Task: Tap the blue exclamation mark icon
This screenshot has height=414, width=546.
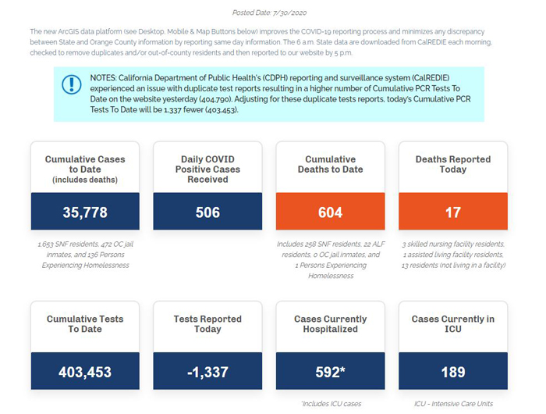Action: pos(72,84)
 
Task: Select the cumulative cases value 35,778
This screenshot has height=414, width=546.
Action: pos(85,212)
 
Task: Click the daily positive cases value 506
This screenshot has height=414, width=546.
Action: pos(207,212)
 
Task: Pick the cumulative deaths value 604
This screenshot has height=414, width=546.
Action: pos(330,212)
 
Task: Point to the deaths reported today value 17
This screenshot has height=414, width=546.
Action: pos(453,212)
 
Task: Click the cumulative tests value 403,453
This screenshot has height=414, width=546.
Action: pos(85,372)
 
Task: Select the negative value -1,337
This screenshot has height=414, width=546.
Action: pos(207,372)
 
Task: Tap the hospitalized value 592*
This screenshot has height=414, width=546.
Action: pos(330,372)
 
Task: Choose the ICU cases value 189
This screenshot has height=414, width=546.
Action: pos(453,372)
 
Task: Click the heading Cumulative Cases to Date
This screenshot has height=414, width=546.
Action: pos(85,164)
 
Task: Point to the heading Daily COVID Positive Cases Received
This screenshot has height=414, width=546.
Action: pos(207,170)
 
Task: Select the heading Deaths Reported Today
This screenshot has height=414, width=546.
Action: pos(453,164)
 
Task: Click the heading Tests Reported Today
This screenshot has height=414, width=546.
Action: pos(207,324)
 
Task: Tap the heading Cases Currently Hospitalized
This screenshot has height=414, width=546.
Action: pos(330,324)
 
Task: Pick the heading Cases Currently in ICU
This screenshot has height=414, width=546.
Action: pos(453,324)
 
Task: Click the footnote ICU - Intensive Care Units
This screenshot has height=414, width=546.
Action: pos(453,404)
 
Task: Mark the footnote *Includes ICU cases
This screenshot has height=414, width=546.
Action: pos(331,404)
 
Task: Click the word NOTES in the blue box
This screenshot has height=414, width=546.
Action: pos(104,78)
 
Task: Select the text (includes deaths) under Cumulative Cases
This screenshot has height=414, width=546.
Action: pos(85,180)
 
